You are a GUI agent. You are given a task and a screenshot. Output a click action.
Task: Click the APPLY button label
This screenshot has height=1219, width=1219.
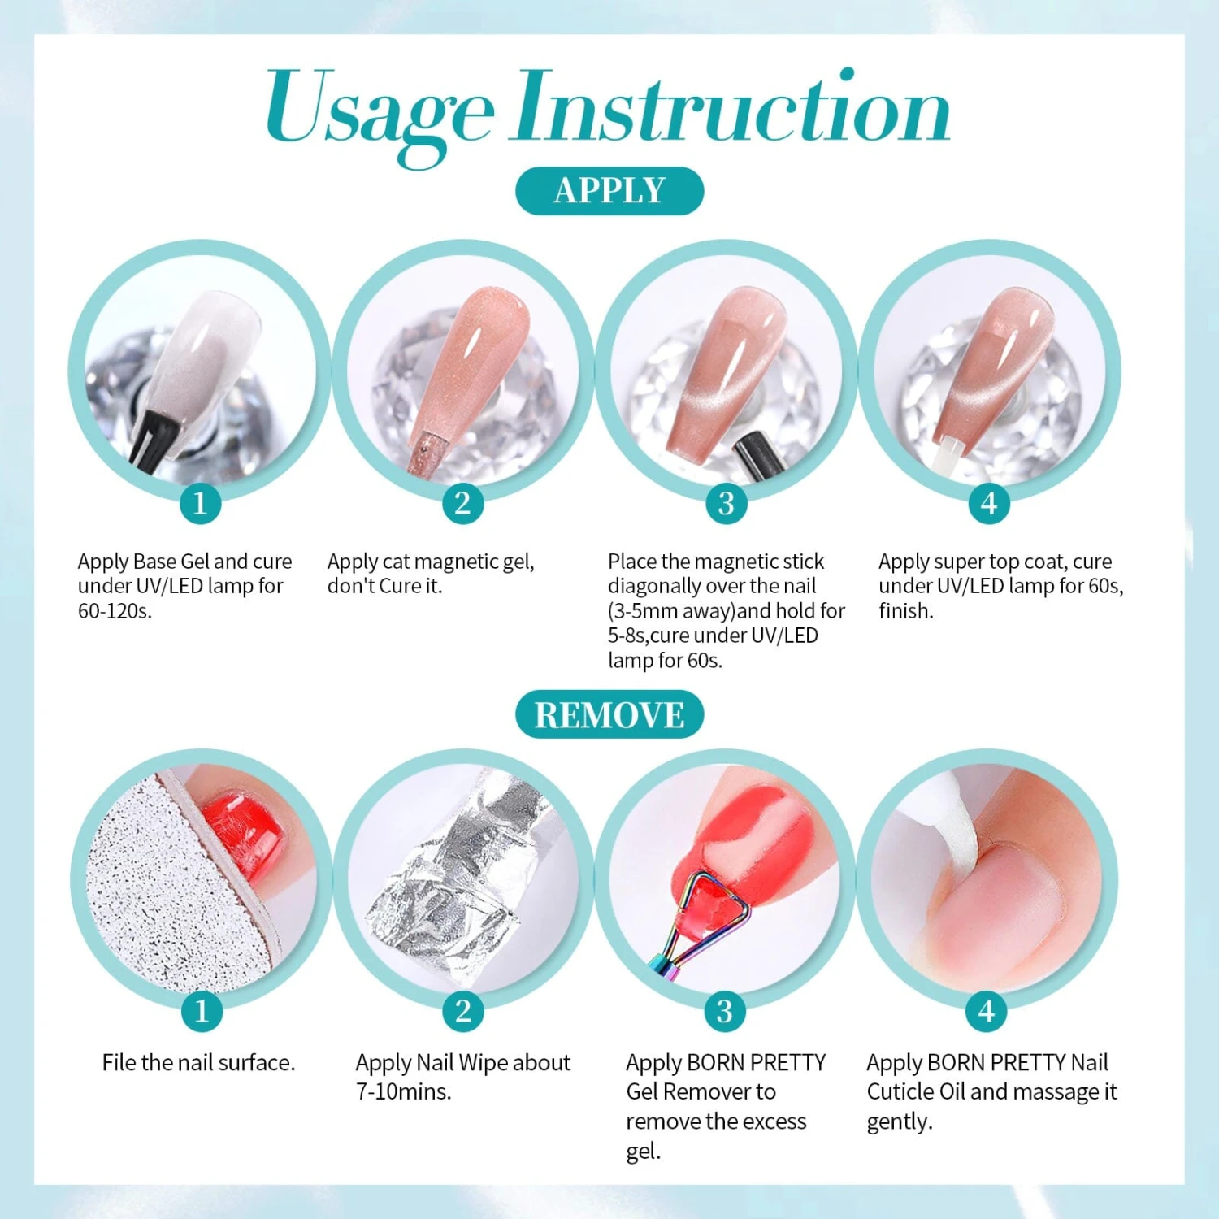click(609, 191)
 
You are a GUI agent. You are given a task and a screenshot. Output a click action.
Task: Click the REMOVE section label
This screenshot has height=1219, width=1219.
click(609, 715)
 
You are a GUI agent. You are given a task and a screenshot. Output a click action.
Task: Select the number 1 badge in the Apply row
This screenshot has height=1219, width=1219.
click(200, 503)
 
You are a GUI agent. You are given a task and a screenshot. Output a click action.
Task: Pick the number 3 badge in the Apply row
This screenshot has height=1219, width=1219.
click(726, 503)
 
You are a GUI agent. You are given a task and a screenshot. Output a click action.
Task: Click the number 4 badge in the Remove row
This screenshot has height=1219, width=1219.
click(986, 1011)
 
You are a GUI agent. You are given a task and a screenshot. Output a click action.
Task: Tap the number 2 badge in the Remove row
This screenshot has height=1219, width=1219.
click(463, 1011)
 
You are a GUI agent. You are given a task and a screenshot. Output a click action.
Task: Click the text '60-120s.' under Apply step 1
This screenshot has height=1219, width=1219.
click(115, 611)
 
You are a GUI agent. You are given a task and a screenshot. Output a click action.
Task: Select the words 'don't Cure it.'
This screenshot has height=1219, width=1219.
click(384, 586)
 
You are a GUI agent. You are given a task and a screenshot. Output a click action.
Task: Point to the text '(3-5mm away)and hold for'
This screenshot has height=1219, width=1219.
click(726, 611)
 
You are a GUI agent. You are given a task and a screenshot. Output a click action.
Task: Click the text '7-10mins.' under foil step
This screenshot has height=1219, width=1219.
click(403, 1092)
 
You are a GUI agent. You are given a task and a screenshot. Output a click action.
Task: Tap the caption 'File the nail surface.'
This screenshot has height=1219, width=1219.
click(198, 1063)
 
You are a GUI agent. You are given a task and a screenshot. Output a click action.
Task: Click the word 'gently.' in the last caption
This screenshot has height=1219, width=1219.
click(899, 1122)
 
